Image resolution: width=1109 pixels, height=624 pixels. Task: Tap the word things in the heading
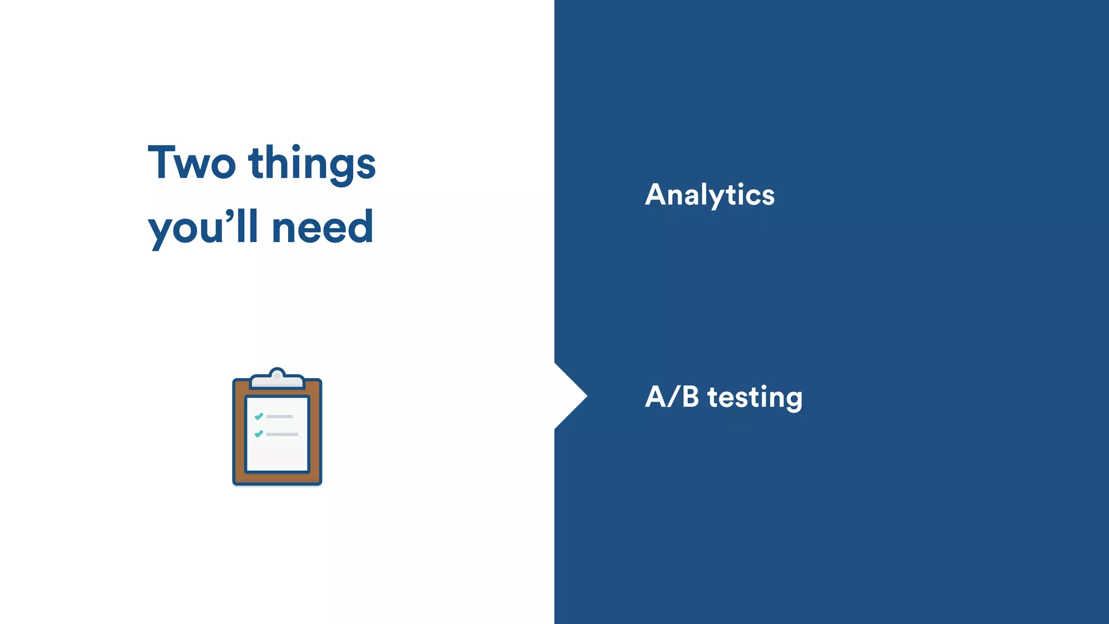pyautogui.click(x=312, y=164)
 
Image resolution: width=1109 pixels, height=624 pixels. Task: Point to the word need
pyautogui.click(x=322, y=227)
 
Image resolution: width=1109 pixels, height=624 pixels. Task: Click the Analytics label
pyautogui.click(x=709, y=195)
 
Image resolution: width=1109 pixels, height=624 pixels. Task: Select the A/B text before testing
pyautogui.click(x=671, y=397)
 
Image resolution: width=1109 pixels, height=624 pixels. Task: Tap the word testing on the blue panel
pyautogui.click(x=755, y=398)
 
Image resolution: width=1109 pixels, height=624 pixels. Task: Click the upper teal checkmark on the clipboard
pyautogui.click(x=259, y=416)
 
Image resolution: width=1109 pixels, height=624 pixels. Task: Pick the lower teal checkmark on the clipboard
pyautogui.click(x=259, y=434)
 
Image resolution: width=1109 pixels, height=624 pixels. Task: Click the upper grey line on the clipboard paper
pyautogui.click(x=279, y=417)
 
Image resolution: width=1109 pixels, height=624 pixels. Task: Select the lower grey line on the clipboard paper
pyautogui.click(x=282, y=434)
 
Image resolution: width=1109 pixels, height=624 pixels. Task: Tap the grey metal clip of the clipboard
pyautogui.click(x=277, y=380)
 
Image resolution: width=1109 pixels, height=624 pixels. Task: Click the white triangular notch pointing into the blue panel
pyautogui.click(x=569, y=396)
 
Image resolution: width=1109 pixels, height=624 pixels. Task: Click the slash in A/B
pyautogui.click(x=673, y=397)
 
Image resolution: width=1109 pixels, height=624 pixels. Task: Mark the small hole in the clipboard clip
pyautogui.click(x=277, y=375)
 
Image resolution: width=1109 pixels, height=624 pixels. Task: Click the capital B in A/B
pyautogui.click(x=690, y=396)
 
